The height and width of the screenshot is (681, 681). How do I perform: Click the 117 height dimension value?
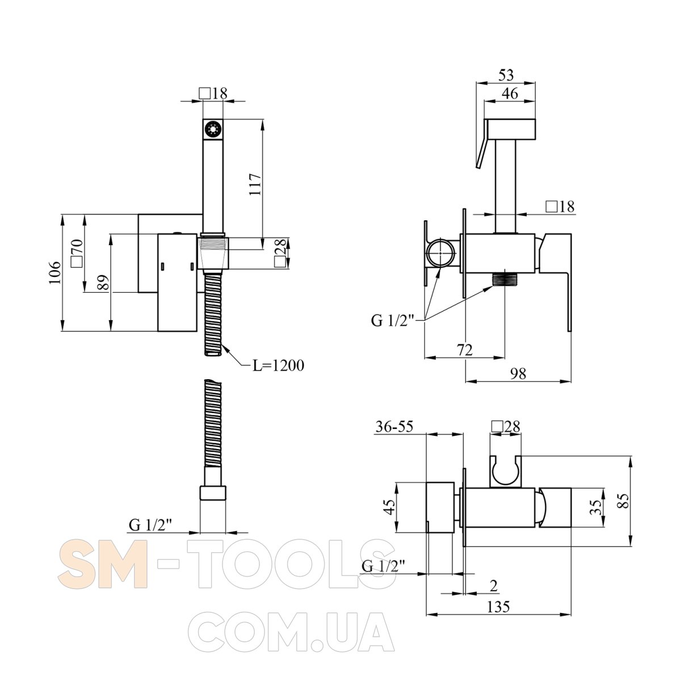click(255, 184)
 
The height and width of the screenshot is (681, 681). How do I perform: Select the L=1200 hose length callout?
click(278, 366)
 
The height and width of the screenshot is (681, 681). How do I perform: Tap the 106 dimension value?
click(54, 272)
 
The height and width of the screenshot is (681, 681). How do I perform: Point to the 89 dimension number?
click(103, 283)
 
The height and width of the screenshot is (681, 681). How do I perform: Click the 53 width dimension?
click(506, 75)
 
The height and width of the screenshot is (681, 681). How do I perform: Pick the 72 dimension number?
click(464, 350)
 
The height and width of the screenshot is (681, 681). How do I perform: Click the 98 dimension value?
click(518, 373)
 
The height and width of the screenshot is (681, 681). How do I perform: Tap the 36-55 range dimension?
click(394, 427)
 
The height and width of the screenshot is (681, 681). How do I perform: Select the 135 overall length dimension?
click(498, 607)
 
